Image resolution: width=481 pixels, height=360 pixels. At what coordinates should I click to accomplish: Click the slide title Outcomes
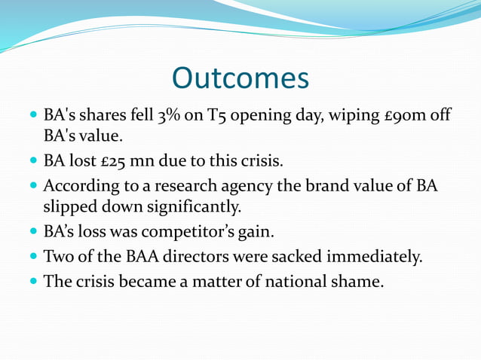pyautogui.click(x=240, y=78)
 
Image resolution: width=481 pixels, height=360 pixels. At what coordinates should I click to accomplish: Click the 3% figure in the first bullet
pyautogui.click(x=167, y=118)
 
